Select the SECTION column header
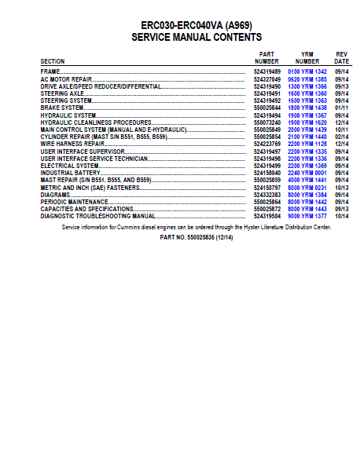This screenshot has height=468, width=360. (53, 60)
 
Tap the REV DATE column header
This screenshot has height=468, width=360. (342, 57)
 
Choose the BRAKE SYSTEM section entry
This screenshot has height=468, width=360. (61, 108)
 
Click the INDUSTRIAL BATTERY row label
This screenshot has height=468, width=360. (68, 172)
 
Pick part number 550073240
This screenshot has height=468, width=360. (267, 122)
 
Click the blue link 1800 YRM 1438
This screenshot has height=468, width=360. (307, 108)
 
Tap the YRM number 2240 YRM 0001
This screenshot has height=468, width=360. (307, 172)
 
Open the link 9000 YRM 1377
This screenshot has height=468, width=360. (307, 215)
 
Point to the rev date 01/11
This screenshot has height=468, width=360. (342, 108)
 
